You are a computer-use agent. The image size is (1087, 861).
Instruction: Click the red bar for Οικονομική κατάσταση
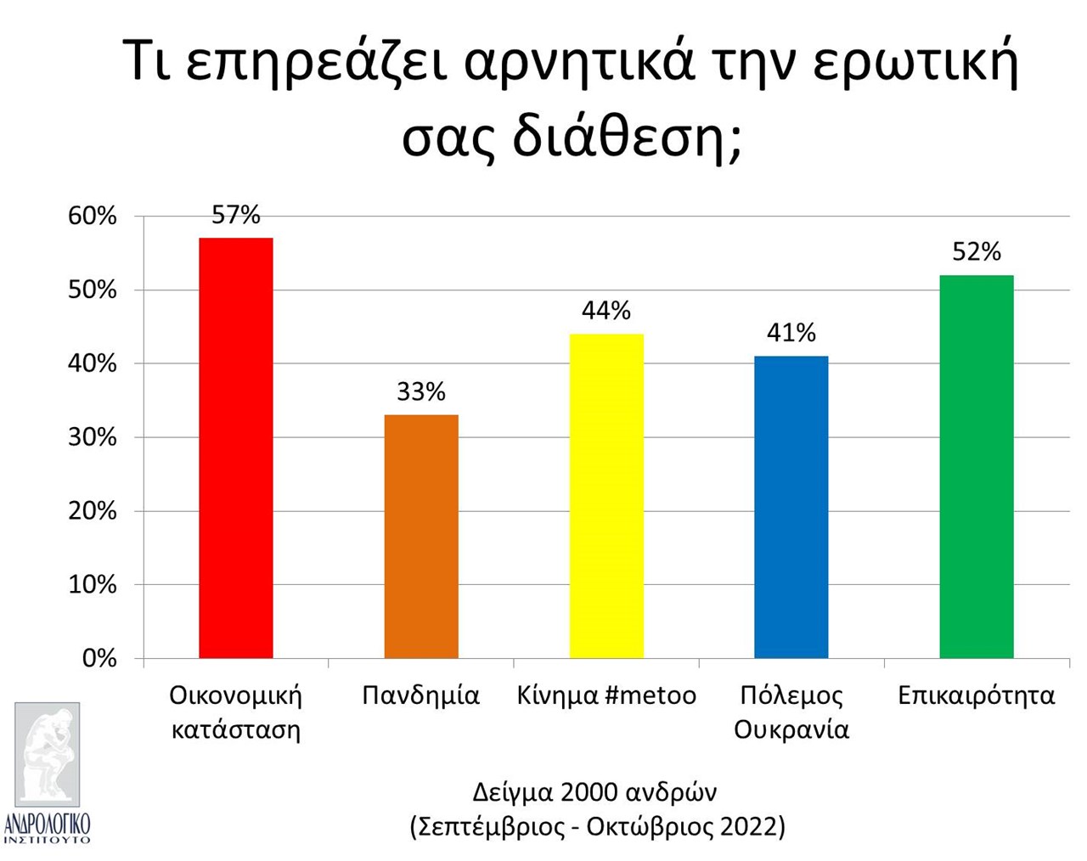[x=236, y=448]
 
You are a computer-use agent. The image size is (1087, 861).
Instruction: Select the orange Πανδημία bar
[x=421, y=537]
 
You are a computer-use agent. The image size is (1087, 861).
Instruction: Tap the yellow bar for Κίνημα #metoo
[x=606, y=496]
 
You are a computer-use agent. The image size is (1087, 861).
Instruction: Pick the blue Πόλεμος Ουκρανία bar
[x=791, y=507]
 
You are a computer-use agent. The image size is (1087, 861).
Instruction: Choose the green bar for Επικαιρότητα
[x=977, y=467]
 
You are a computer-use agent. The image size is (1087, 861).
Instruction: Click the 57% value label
[x=236, y=215]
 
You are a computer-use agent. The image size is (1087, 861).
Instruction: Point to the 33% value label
[x=421, y=391]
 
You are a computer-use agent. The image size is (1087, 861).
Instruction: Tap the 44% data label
[x=606, y=311]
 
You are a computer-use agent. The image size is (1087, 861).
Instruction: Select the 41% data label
[x=791, y=333]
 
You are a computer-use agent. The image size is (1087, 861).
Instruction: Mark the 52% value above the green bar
[x=977, y=251]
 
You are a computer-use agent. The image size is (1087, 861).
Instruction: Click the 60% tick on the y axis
[x=92, y=217]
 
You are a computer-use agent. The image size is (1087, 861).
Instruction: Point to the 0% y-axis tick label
[x=99, y=658]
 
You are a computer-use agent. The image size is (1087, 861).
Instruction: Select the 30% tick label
[x=92, y=437]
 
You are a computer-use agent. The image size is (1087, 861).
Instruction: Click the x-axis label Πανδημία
[x=421, y=696]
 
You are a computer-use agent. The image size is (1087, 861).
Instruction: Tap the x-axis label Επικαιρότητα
[x=977, y=696]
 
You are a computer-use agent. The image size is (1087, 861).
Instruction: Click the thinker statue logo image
[x=48, y=754]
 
